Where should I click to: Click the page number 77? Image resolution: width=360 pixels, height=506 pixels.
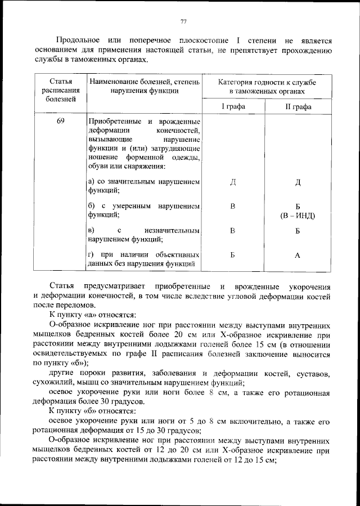point(183,22)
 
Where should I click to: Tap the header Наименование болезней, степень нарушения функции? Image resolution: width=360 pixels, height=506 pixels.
point(144,86)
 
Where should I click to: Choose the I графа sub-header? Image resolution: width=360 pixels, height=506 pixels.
point(233,106)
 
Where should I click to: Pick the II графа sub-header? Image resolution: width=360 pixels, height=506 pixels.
point(298,106)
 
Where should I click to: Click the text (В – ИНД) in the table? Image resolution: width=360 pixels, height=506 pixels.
point(298,216)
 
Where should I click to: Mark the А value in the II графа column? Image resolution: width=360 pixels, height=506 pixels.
point(298,256)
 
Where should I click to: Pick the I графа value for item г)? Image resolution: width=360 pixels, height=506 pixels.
point(233,256)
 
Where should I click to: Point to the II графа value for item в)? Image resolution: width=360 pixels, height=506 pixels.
point(298,231)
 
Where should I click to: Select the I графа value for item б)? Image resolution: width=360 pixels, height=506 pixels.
point(233,207)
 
